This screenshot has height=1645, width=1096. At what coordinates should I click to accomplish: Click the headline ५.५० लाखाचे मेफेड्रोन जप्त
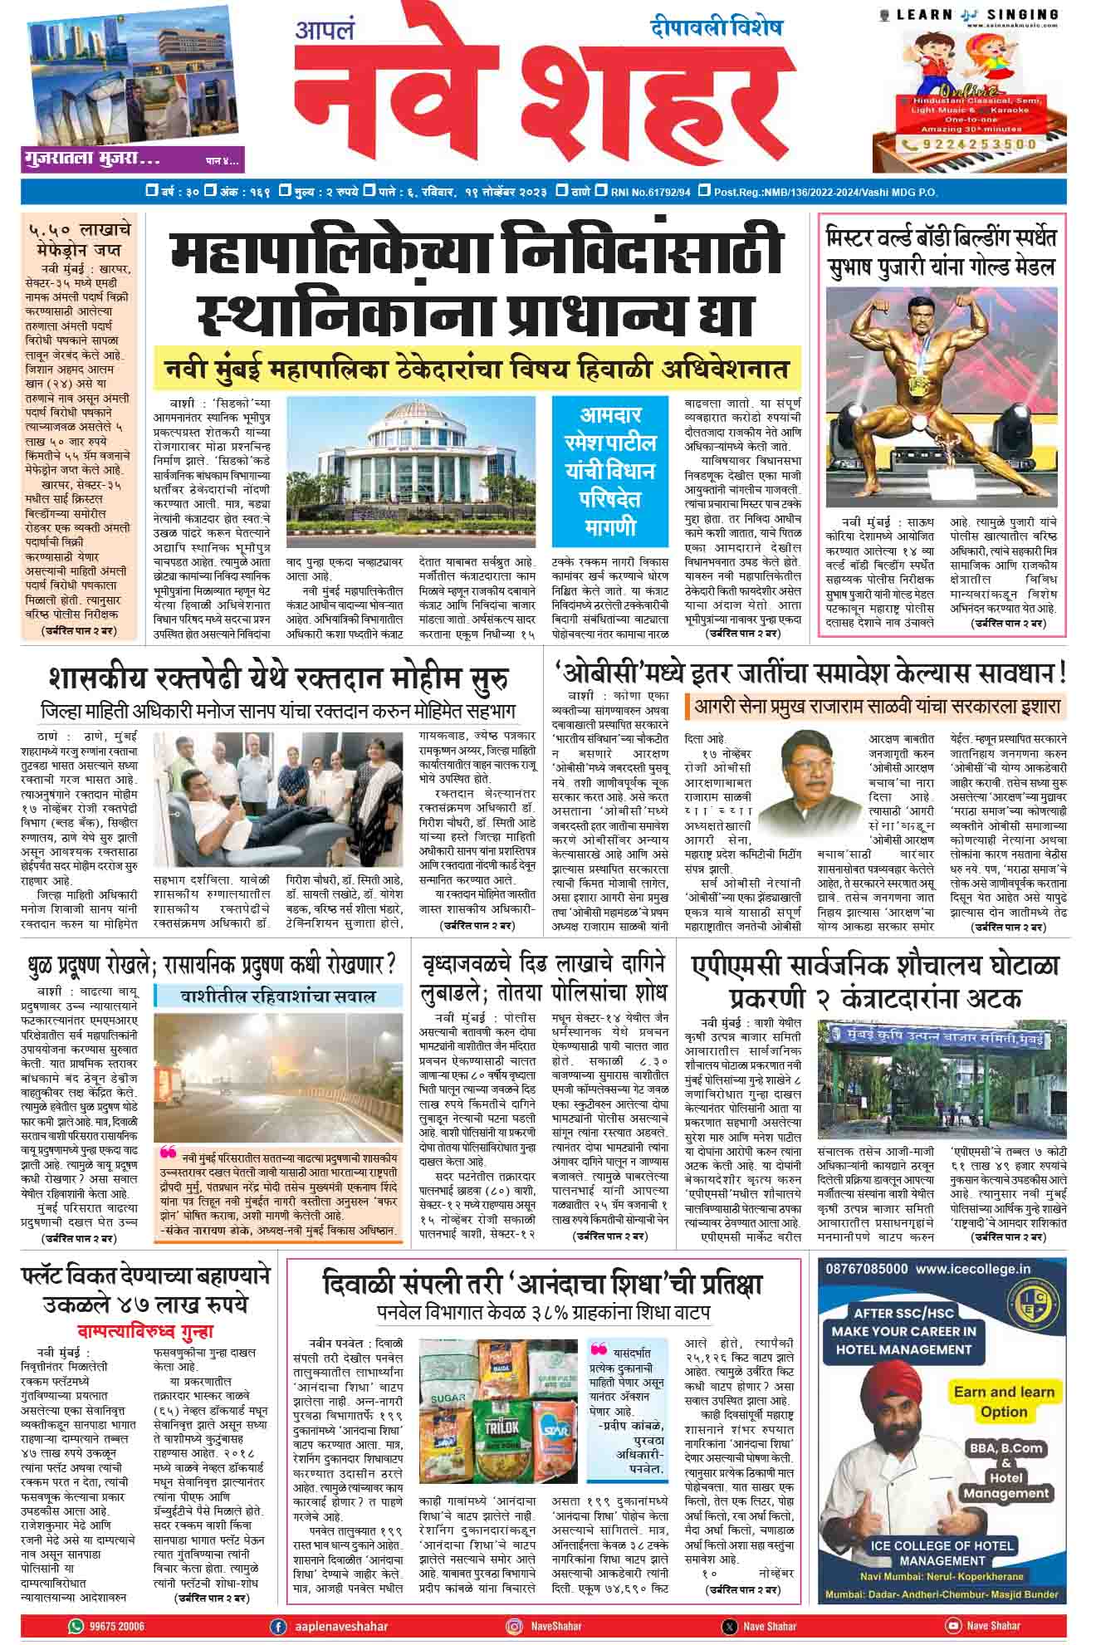80,240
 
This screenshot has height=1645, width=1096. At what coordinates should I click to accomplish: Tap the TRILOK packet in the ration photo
498,1427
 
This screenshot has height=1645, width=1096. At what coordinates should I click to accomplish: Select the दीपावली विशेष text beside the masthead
716,27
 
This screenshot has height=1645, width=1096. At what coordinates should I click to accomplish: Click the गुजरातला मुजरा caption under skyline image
91,159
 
